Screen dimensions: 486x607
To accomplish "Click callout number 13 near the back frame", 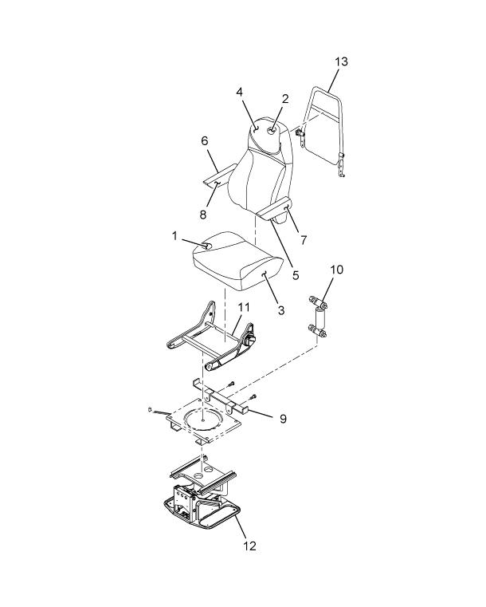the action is click(342, 61).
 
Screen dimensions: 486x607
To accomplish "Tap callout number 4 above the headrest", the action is click(240, 93).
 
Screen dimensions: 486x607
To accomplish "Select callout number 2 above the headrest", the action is click(285, 99).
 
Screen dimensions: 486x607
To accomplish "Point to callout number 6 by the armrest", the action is click(205, 141).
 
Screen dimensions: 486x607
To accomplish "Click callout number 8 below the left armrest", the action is click(203, 214).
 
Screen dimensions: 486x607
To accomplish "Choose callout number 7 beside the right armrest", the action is click(304, 240).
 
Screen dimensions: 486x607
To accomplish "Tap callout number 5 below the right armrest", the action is click(296, 275).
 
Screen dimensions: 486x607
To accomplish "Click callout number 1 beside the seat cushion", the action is click(174, 235).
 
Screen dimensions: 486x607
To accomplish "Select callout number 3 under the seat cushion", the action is click(281, 310).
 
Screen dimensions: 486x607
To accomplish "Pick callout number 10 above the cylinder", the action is click(337, 270).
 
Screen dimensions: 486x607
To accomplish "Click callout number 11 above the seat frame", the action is click(244, 307).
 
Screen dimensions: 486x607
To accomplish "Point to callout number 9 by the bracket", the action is click(283, 419).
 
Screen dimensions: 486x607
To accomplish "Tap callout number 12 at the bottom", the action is click(249, 546).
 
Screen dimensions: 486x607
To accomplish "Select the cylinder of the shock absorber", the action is click(320, 318).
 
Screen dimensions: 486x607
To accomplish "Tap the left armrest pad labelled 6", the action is click(219, 176).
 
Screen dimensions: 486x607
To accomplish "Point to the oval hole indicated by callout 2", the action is click(273, 132).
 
